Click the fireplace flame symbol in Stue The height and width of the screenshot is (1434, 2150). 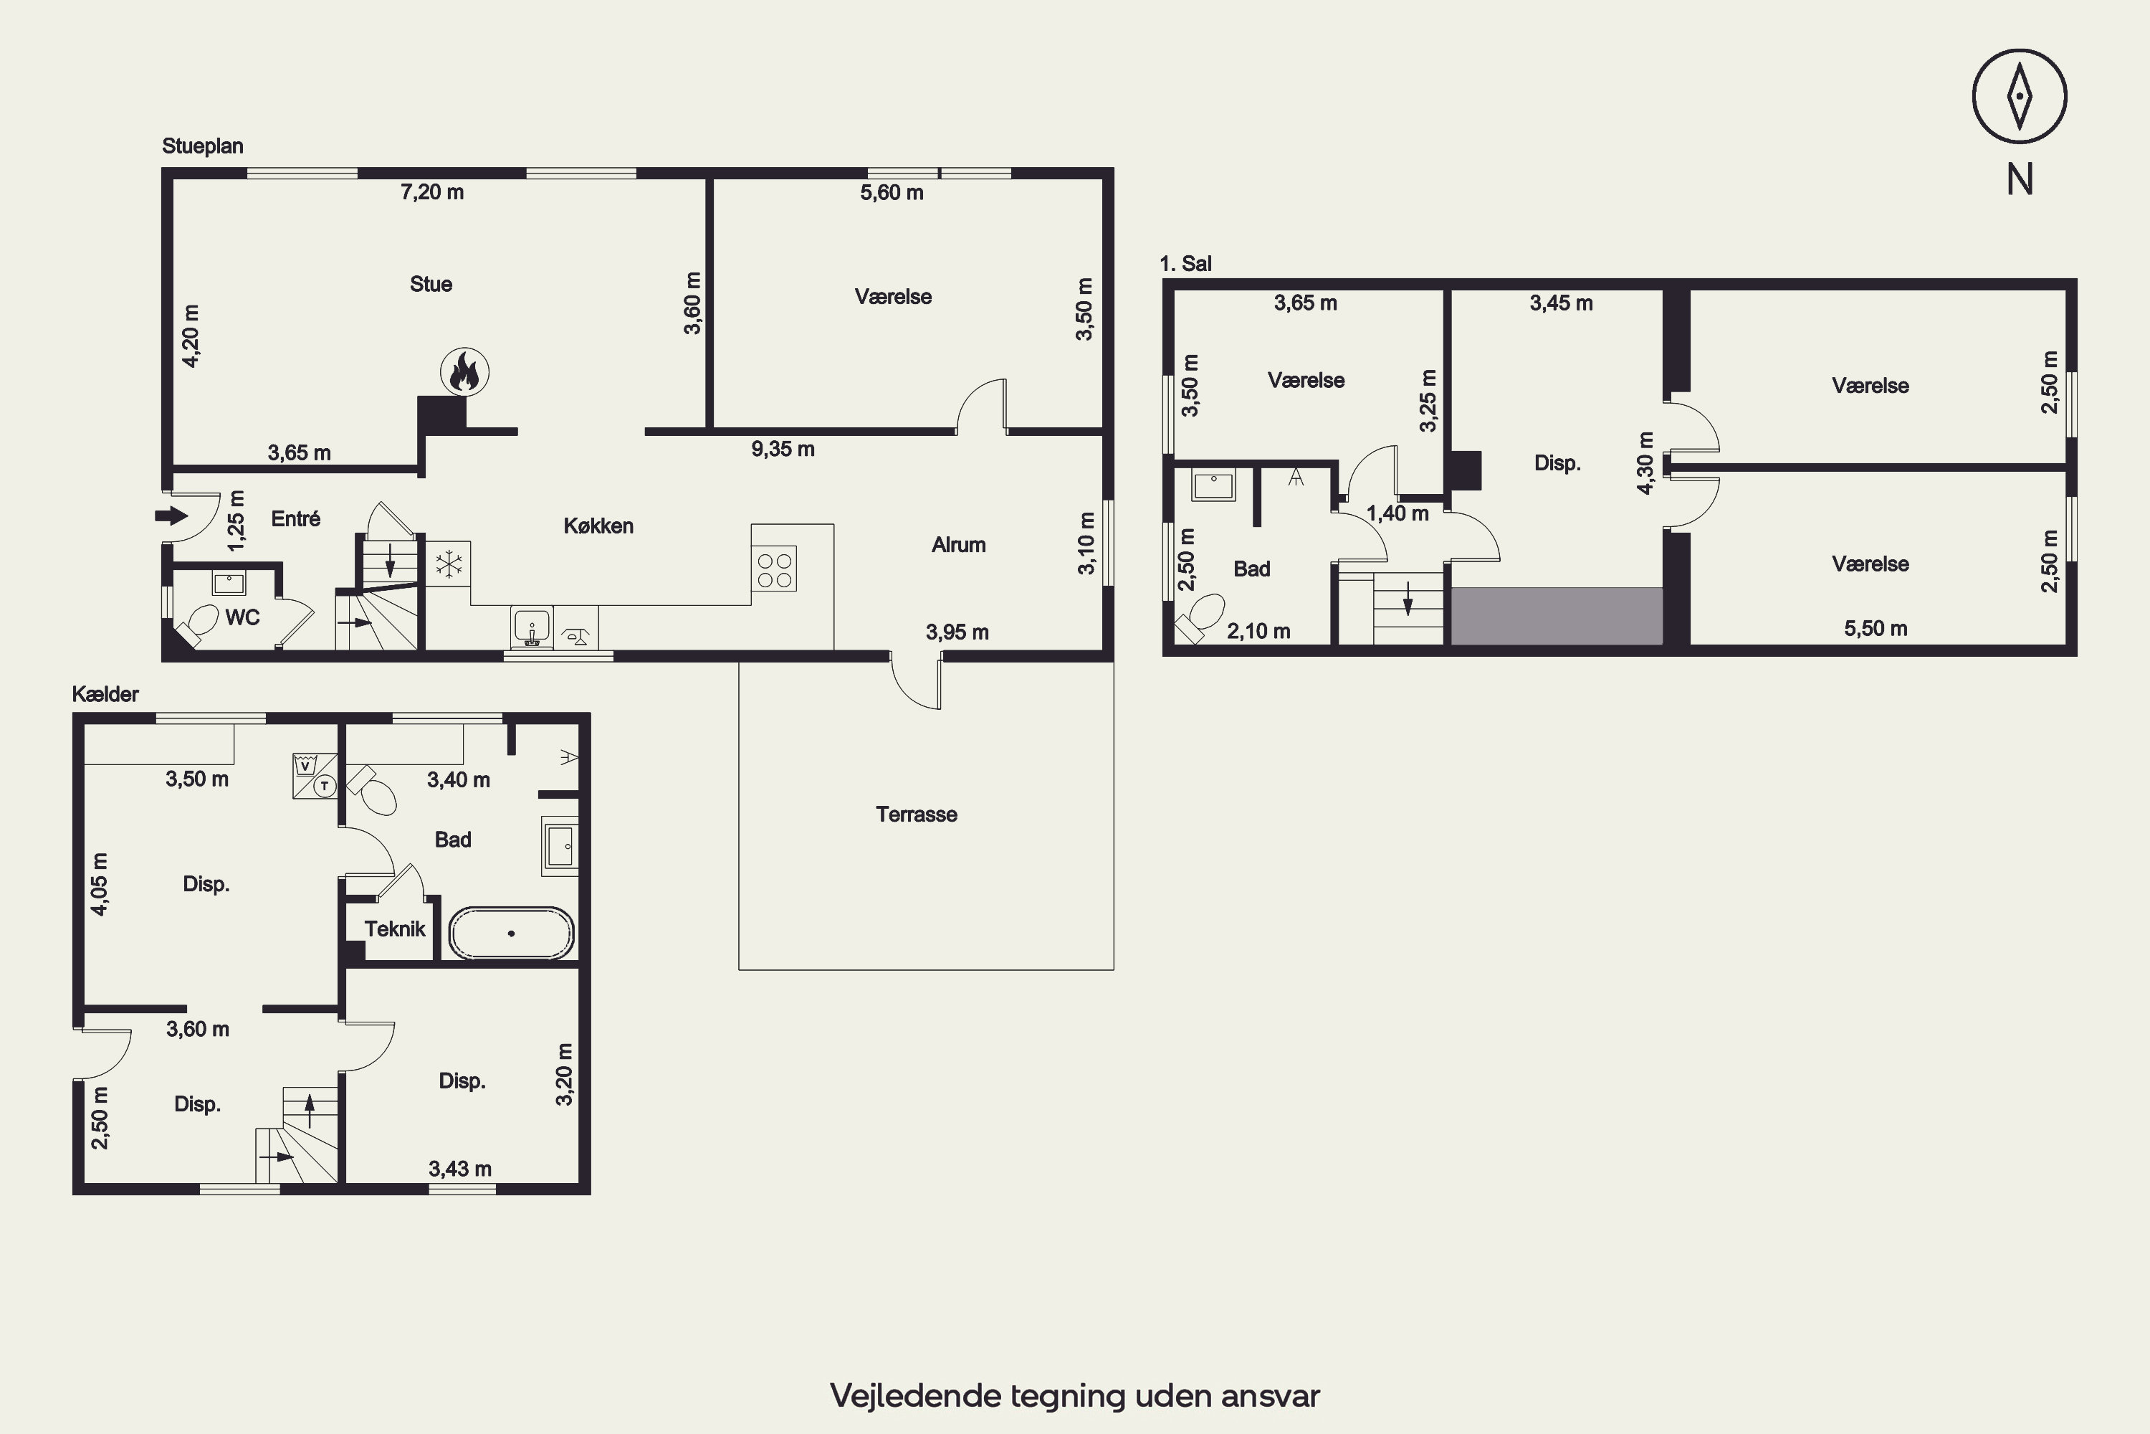click(x=464, y=372)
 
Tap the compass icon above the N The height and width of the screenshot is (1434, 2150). click(x=2020, y=96)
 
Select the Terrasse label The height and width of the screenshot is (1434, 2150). click(x=916, y=814)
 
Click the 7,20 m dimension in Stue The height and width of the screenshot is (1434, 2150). click(x=432, y=192)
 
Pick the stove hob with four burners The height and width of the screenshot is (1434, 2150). click(x=774, y=569)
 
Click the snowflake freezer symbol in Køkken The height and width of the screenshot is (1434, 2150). click(x=449, y=564)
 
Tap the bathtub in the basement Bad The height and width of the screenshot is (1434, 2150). click(x=511, y=933)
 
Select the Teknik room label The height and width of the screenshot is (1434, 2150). click(x=395, y=929)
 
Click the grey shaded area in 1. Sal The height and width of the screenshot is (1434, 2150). click(x=1557, y=615)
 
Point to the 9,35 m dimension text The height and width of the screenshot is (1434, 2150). click(x=783, y=449)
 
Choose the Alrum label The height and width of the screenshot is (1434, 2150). click(x=958, y=545)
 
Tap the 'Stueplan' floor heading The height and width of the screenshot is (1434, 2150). click(x=202, y=146)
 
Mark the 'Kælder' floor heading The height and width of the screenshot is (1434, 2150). click(x=105, y=694)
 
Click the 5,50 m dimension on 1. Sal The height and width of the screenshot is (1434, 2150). click(x=1876, y=628)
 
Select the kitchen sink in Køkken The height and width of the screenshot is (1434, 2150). click(x=531, y=628)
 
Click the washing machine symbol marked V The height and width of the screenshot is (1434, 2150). click(x=305, y=764)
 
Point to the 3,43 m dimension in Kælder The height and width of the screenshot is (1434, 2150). click(x=460, y=1169)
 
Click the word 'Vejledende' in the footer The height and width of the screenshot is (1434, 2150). click(x=916, y=1395)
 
